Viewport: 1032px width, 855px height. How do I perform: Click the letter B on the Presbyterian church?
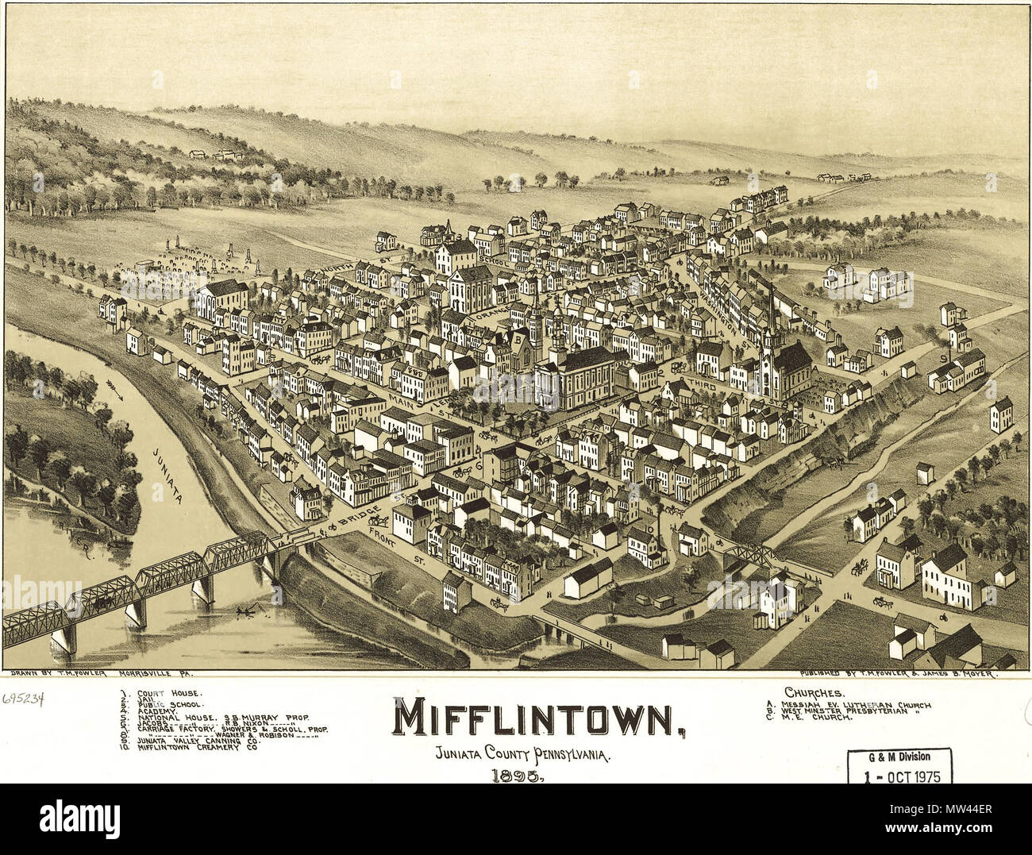pyautogui.click(x=522, y=344)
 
